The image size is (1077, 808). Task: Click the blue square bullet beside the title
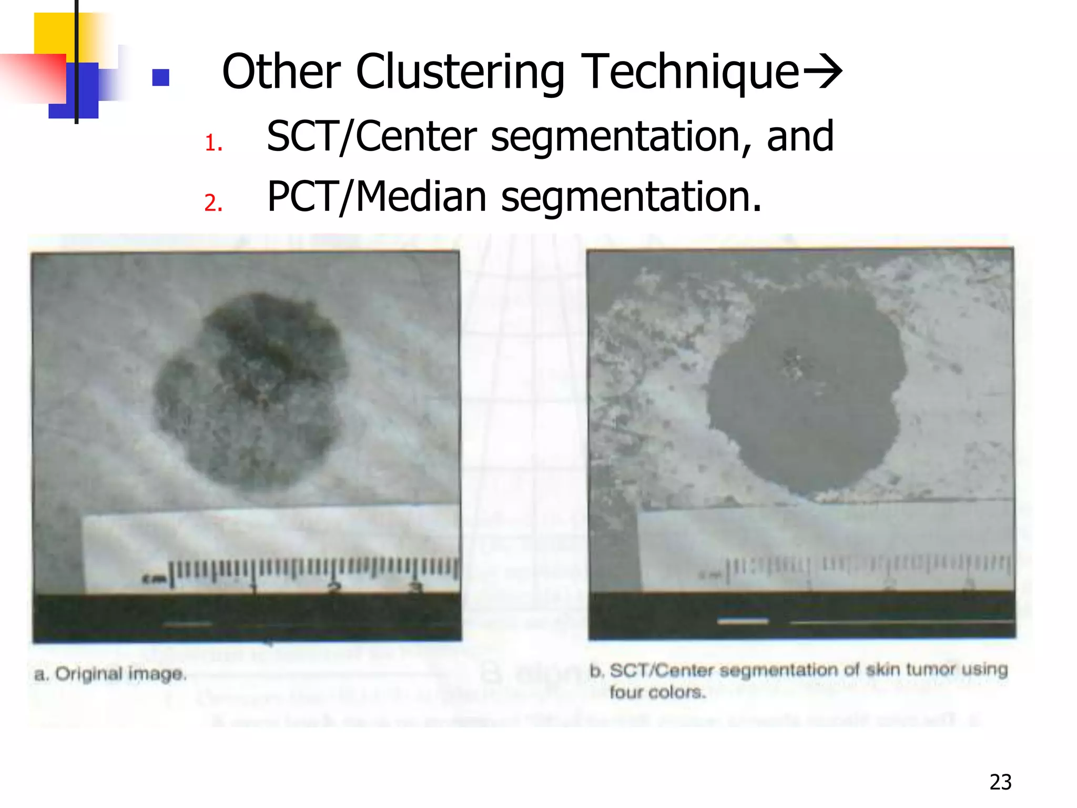click(160, 77)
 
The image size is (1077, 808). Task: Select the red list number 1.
click(213, 143)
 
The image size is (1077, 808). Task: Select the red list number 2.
click(213, 203)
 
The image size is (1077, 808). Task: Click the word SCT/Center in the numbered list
click(371, 137)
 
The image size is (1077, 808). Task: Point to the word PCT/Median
click(377, 197)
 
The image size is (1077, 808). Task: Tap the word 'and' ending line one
click(800, 137)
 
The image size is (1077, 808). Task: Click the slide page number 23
click(1000, 782)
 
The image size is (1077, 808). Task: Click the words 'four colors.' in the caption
click(657, 692)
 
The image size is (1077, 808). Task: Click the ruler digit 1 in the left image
click(254, 587)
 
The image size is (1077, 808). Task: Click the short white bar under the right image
click(743, 621)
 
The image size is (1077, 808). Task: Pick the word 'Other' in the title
click(282, 72)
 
